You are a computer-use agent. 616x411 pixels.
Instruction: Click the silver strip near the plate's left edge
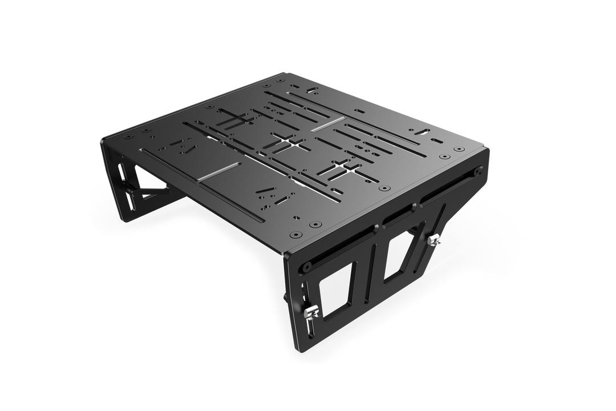pyautogui.click(x=218, y=172)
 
